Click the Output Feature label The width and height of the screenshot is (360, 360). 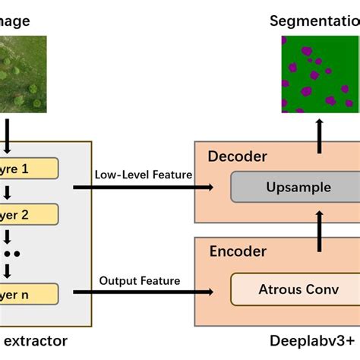[140, 281]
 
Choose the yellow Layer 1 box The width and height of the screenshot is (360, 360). [29, 168]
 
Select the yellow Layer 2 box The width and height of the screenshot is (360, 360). [29, 215]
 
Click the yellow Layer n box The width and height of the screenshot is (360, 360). [29, 292]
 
